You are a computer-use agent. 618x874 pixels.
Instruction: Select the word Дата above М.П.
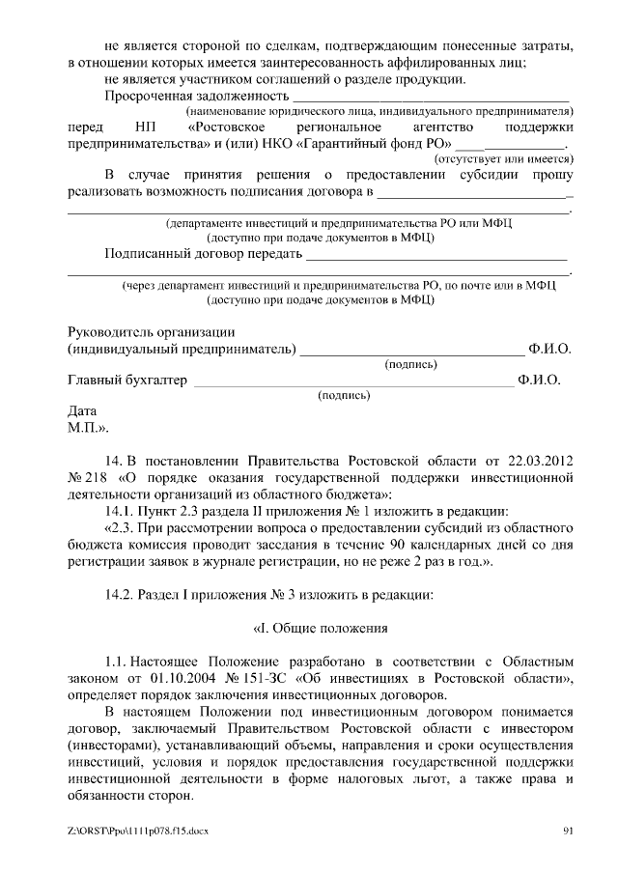(82, 409)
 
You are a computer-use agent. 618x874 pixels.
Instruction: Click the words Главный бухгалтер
(126, 380)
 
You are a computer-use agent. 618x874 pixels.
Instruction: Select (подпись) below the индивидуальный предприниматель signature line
(410, 364)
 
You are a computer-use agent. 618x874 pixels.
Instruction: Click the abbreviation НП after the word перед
(136, 127)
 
